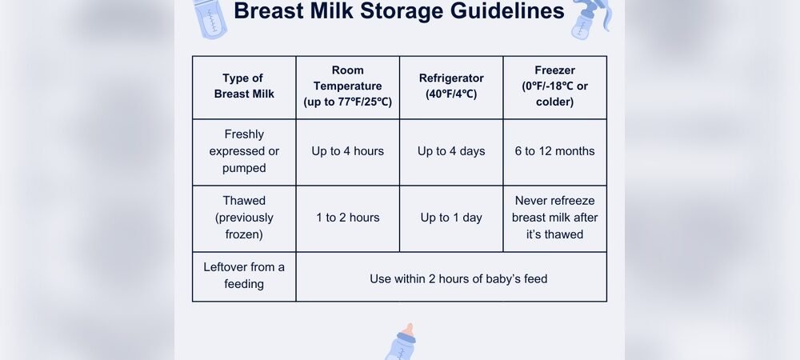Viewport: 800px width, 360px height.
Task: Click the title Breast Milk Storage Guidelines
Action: [x=399, y=12]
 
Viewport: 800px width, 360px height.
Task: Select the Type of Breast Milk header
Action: [x=244, y=86]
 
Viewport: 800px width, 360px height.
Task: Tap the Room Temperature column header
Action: [x=347, y=86]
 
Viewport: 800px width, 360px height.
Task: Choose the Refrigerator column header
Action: [x=451, y=86]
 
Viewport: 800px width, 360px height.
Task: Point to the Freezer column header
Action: [x=554, y=86]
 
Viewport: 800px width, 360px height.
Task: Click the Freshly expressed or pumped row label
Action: [x=244, y=151]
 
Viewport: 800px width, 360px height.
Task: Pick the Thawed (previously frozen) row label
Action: [x=244, y=218]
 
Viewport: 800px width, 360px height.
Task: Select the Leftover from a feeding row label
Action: [x=244, y=275]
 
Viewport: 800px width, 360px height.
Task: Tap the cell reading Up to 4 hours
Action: [x=347, y=151]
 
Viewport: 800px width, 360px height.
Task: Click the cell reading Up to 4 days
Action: [x=451, y=151]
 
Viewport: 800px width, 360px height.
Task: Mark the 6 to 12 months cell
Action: [x=554, y=151]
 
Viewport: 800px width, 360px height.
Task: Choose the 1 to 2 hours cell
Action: [x=347, y=218]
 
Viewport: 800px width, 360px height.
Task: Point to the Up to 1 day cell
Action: [x=451, y=218]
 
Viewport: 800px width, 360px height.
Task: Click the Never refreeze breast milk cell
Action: [x=554, y=218]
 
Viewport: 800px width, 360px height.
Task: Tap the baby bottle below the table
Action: [x=402, y=345]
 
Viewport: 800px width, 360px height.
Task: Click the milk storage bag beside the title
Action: [x=210, y=18]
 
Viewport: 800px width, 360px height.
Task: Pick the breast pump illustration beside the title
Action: [x=590, y=18]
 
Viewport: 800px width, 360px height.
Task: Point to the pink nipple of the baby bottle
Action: [x=408, y=329]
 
